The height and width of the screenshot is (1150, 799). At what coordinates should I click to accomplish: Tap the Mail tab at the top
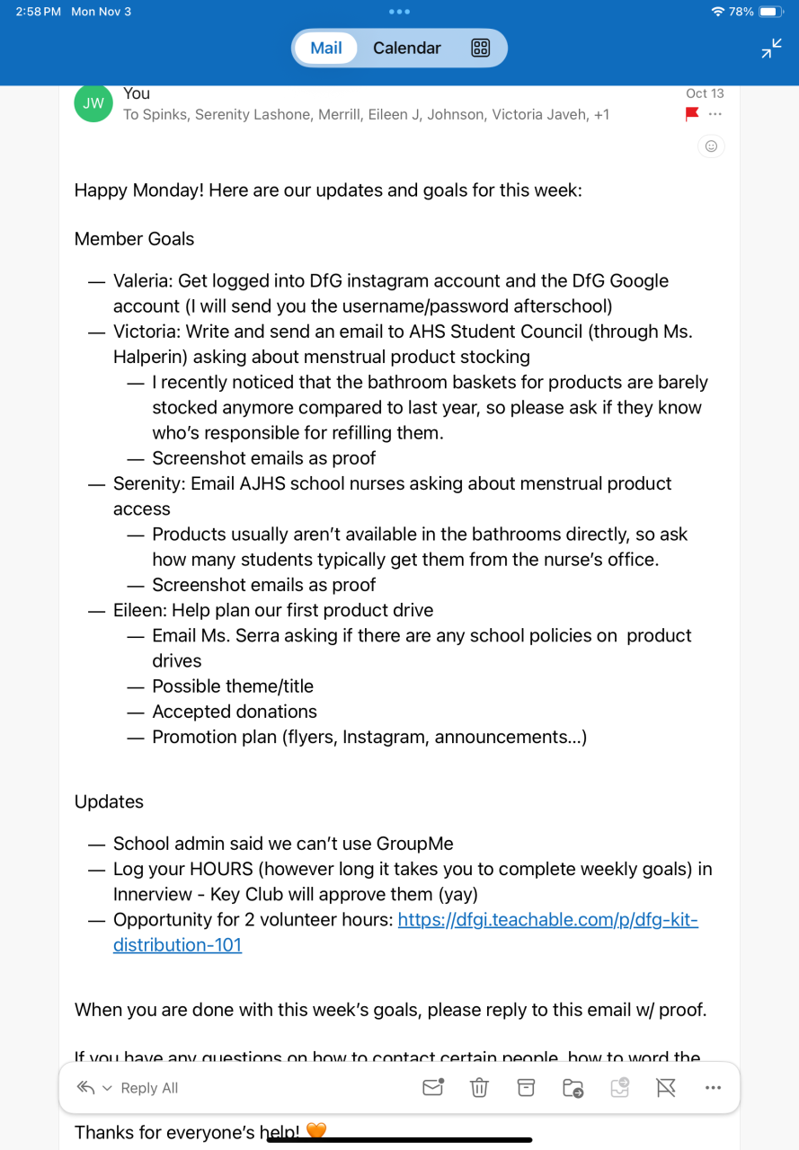[325, 49]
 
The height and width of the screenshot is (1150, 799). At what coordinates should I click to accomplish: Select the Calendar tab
[406, 49]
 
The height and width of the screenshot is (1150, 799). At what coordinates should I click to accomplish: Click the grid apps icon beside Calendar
[480, 49]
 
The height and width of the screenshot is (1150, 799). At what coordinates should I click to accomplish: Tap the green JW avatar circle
[93, 103]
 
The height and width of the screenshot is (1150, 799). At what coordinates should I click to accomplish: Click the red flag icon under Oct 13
[692, 114]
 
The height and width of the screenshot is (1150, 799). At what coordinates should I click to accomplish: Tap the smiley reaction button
[711, 146]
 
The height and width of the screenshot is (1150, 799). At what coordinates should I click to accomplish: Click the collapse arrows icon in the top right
[771, 49]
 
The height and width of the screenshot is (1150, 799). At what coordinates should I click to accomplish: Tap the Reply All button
[148, 1088]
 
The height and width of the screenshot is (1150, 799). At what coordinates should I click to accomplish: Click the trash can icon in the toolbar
[479, 1088]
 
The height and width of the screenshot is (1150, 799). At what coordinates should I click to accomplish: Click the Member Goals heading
[134, 239]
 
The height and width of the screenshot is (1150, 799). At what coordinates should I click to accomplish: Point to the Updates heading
[109, 801]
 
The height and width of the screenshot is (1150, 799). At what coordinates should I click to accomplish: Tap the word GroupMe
[414, 844]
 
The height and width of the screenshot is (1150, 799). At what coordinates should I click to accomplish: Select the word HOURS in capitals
[221, 869]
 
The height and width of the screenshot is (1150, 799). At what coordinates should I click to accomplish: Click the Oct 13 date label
[705, 93]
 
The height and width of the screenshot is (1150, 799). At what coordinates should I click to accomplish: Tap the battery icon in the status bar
[771, 12]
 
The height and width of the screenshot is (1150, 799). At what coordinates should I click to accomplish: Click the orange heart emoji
[316, 1131]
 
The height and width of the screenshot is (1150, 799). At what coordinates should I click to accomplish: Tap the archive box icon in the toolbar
[526, 1088]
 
